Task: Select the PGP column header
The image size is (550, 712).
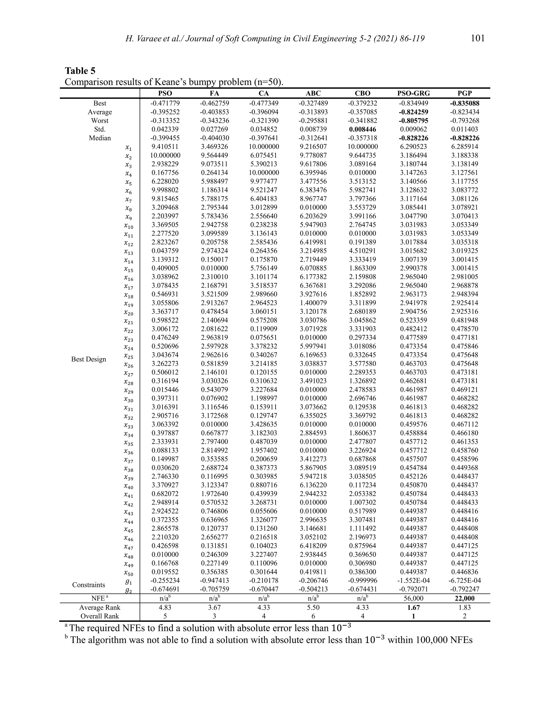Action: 465,93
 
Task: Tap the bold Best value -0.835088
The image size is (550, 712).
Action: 465,103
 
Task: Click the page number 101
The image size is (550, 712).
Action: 478,38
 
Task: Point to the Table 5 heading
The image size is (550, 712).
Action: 80,71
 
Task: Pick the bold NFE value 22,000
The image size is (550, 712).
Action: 465,599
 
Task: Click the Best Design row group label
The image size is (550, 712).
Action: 89,359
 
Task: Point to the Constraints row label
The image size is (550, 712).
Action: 89,585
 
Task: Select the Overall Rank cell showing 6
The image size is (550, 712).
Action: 313,616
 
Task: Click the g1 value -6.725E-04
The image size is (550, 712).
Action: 465,581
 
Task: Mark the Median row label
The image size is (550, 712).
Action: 100,138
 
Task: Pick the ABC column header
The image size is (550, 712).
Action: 313,93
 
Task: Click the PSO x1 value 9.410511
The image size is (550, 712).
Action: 165,147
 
